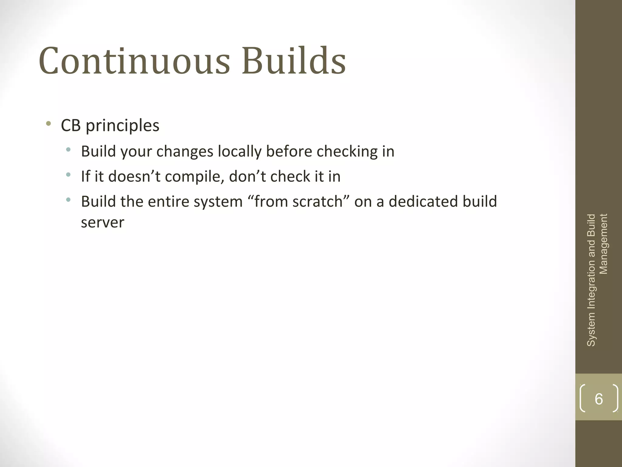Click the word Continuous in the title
click(134, 61)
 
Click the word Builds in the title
click(294, 61)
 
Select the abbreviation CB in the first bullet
click(71, 125)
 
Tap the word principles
click(122, 126)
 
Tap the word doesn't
click(134, 176)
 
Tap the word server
click(102, 222)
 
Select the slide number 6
click(599, 399)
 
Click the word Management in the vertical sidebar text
click(604, 244)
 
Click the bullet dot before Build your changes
click(68, 150)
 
